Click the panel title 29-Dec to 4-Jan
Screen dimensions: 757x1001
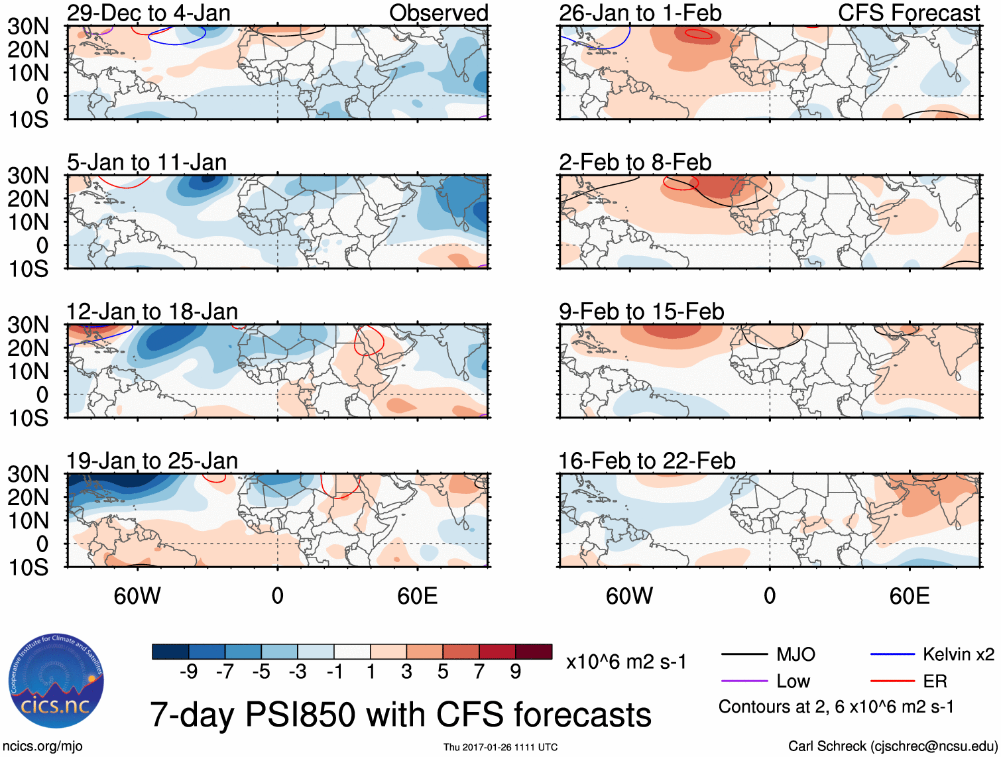(148, 13)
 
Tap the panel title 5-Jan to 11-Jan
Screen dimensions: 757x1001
(147, 162)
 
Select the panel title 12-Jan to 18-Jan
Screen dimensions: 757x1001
(152, 311)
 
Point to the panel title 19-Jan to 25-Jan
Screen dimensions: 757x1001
(152, 460)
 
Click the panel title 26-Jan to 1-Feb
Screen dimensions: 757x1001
(640, 13)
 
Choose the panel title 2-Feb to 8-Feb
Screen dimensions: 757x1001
(634, 162)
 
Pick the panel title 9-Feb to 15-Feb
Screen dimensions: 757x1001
(641, 311)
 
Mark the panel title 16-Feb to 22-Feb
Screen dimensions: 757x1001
(646, 460)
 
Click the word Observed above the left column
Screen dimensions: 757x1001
(438, 13)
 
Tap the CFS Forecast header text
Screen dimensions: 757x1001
(908, 13)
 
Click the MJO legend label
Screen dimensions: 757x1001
(795, 655)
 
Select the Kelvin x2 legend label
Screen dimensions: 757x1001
(958, 655)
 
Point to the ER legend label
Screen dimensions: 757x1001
(935, 681)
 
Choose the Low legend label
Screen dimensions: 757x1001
(793, 681)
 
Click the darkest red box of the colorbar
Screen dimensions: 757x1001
(534, 652)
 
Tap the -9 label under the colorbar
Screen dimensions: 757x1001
(188, 671)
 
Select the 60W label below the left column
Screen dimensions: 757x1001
(137, 595)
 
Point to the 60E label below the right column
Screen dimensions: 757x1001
(909, 595)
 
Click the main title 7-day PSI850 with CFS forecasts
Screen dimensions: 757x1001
(400, 715)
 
